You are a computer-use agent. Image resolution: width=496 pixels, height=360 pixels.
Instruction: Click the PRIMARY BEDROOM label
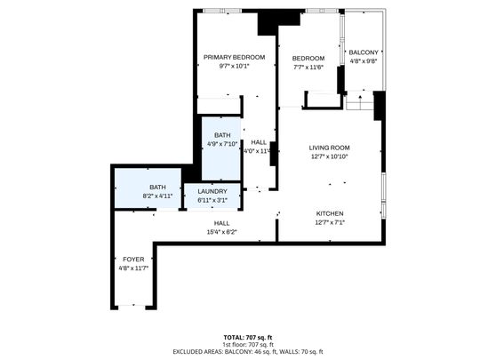coord(234,57)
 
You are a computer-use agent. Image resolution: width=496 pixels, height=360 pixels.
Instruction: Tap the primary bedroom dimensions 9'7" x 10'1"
coord(234,65)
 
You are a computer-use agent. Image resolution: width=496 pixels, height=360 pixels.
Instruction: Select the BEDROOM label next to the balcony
coord(308,59)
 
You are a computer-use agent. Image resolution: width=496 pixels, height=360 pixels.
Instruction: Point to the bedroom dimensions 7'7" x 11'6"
coord(308,67)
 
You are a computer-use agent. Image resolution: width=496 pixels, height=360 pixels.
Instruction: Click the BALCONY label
coord(363,52)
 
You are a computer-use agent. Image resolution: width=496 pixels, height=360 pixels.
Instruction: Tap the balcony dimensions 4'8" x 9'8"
coord(363,61)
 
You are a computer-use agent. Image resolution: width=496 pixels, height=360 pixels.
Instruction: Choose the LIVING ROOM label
coord(329,148)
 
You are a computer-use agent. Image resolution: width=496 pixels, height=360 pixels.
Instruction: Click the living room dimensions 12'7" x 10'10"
coord(329,156)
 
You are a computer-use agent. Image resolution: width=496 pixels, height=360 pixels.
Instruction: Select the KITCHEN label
coord(330,213)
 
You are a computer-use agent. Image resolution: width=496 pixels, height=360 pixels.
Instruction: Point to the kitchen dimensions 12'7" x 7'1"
coord(330,222)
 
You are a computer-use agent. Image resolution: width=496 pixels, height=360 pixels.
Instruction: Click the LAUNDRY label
coord(212,191)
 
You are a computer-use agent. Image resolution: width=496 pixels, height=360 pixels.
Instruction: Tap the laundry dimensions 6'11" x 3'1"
coord(212,200)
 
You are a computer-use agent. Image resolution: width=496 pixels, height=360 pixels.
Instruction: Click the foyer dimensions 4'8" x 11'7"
coord(132,267)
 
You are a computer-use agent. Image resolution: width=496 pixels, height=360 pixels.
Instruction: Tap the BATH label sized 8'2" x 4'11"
coord(156,187)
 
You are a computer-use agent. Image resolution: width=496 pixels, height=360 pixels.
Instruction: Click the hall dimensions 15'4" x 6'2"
coord(221,231)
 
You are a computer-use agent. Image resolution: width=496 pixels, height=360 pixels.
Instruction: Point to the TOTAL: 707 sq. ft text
coord(247,338)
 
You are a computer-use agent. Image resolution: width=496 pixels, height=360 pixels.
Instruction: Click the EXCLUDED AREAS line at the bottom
coord(247,352)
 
